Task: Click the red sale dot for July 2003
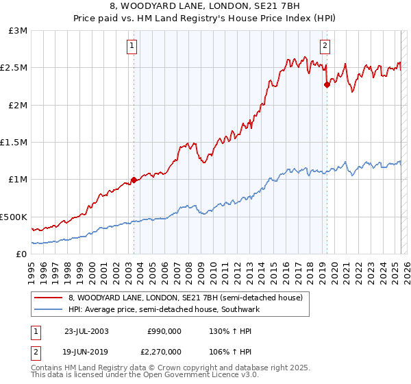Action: coord(134,180)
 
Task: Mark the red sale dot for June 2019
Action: coord(327,84)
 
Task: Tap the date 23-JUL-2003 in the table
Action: coord(86,331)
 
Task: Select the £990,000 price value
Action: coord(164,331)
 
